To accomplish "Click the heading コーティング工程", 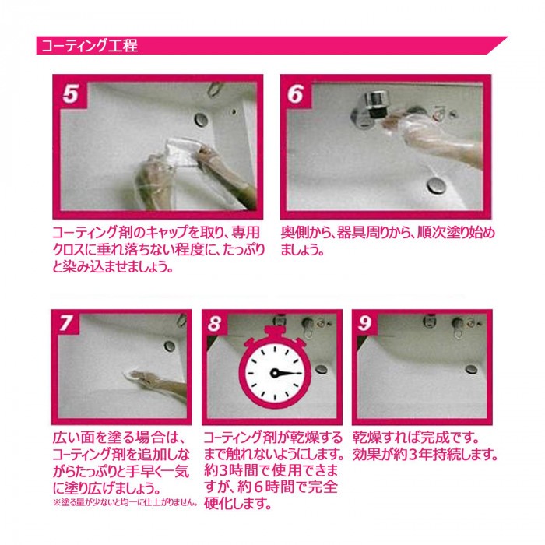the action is click(x=90, y=45).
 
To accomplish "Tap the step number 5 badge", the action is click(x=70, y=93).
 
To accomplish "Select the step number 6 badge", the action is click(x=296, y=93).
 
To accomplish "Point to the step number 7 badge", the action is click(x=66, y=323).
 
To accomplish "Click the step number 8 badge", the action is click(x=214, y=323).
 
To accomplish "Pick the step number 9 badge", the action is click(x=364, y=323).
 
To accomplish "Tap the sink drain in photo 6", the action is click(x=437, y=185).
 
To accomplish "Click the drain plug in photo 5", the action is click(x=201, y=120).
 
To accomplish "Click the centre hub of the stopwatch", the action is click(x=274, y=373).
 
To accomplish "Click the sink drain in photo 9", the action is click(x=470, y=369).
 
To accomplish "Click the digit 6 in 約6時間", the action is click(x=258, y=487).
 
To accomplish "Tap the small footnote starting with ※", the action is click(x=125, y=502).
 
